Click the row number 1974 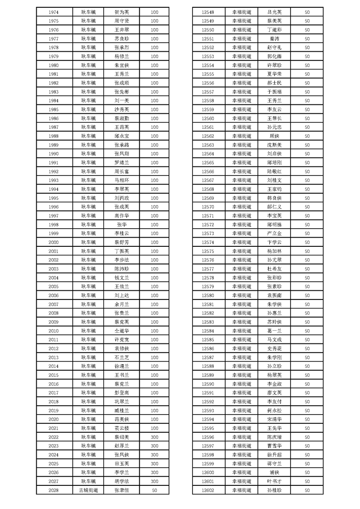coord(53,12)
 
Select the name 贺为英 coord(122,12)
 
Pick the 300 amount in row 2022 coord(154,437)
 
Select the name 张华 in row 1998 coord(122,225)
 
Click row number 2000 coord(53,242)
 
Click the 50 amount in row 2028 coord(154,490)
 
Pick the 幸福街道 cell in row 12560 coord(242,118)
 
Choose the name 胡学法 coord(122,481)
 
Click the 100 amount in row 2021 coord(154,428)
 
